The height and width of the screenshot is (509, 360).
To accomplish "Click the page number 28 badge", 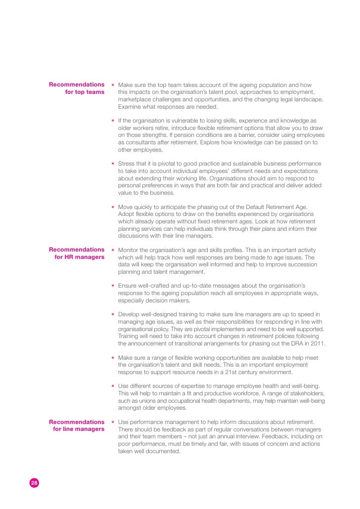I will (34, 483).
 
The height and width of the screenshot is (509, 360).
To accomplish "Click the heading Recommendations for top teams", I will (77, 88).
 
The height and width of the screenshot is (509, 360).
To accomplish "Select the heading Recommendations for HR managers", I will (77, 253).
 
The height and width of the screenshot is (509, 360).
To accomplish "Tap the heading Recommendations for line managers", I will (77, 425).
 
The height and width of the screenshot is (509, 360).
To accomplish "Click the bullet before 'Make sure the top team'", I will (113, 85).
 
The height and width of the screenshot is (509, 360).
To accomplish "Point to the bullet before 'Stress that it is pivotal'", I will (113, 164).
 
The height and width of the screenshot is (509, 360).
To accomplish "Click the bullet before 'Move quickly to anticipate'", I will (113, 207).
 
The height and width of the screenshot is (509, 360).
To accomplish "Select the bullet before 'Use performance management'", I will (113, 422).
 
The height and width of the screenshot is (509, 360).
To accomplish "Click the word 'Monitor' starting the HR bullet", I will (130, 250).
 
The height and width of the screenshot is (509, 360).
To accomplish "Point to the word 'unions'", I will (139, 401).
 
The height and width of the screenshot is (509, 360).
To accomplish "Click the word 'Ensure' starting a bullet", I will (128, 286).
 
